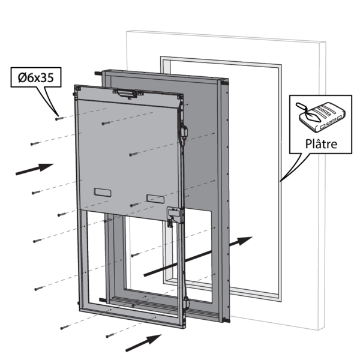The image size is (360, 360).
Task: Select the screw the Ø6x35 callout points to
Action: point(58,118)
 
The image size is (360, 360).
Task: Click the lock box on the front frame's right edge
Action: point(174,215)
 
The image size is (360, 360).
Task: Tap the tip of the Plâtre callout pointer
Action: point(279,181)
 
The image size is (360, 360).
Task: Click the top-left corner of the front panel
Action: point(74,86)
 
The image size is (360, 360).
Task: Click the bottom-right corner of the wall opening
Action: point(279,296)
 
